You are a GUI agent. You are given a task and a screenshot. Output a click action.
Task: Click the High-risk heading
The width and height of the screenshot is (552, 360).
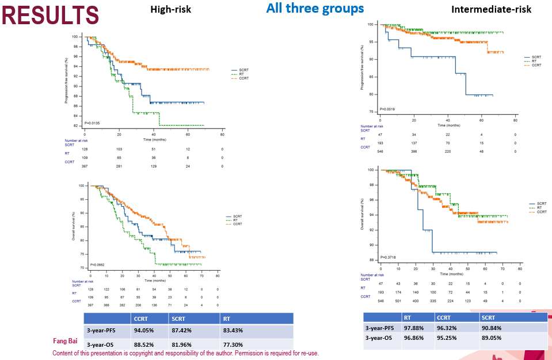[170, 9]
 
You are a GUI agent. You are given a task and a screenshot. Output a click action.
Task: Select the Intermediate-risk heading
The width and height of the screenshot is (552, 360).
[492, 9]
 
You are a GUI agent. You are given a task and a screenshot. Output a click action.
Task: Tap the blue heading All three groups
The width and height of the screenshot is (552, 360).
[315, 9]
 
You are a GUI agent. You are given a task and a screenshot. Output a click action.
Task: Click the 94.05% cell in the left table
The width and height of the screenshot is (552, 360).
[146, 331]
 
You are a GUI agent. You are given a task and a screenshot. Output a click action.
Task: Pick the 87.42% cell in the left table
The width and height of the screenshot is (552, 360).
[184, 331]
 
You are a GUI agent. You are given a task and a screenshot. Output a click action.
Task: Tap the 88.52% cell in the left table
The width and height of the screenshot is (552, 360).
[146, 344]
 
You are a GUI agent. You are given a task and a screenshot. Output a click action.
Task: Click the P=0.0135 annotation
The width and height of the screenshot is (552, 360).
[93, 123]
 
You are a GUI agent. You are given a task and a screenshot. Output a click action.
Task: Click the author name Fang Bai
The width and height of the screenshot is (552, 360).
[65, 341]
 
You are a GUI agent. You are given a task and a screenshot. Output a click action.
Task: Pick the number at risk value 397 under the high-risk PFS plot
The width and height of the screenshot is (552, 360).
[85, 166]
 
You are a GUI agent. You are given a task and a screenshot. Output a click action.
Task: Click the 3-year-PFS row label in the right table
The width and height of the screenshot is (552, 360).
[382, 328]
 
